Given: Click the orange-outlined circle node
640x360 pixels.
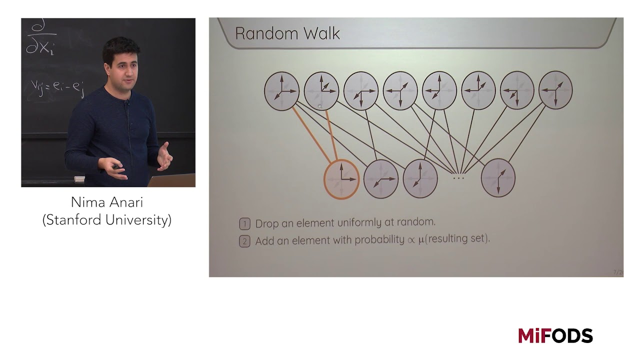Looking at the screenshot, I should [x=342, y=179].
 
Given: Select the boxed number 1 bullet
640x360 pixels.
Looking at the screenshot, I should [x=244, y=223].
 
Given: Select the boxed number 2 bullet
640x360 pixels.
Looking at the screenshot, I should [x=244, y=241].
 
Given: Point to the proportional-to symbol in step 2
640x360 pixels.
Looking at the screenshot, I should [x=411, y=240].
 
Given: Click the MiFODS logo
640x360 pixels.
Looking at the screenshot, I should [x=555, y=335].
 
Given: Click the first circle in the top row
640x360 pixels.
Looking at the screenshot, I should [x=282, y=90].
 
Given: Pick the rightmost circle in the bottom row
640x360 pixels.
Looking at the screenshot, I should [x=498, y=178].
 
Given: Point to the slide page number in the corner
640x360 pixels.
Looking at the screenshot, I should [x=618, y=272].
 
